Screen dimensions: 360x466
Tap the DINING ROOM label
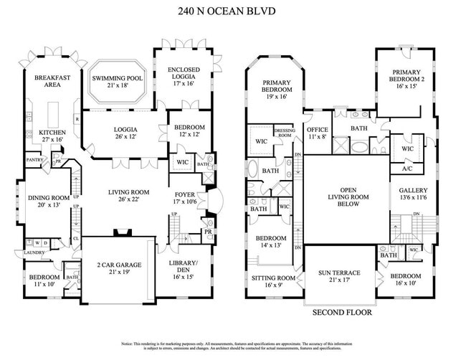click(x=48, y=202)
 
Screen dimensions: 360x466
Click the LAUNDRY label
click(x=34, y=252)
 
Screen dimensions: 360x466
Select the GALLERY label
click(x=413, y=191)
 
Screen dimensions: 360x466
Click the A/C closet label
click(x=407, y=169)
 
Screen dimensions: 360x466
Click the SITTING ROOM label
click(x=274, y=278)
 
